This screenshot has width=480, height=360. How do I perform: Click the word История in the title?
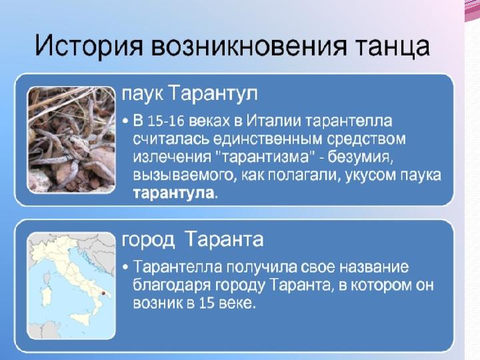coord(89,46)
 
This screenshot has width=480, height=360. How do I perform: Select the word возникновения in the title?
coord(249,47)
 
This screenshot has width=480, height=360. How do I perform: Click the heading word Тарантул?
coord(213,93)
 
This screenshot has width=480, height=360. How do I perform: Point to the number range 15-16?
coord(166,121)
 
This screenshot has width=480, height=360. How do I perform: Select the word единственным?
coord(267,139)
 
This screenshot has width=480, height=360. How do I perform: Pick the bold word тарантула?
coord(173,193)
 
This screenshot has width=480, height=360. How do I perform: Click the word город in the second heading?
coord(148,240)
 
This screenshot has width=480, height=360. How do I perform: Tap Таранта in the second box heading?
coord(225,239)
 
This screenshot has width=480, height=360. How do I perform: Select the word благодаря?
coord(171,285)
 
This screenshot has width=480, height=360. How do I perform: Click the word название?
coord(375,267)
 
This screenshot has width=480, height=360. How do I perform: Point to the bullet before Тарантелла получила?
coord(125,267)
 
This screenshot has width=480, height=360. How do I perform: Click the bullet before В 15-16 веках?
coord(125,121)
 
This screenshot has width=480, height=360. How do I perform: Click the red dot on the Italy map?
coord(103,293)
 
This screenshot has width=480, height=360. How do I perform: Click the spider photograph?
coord(71,140)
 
